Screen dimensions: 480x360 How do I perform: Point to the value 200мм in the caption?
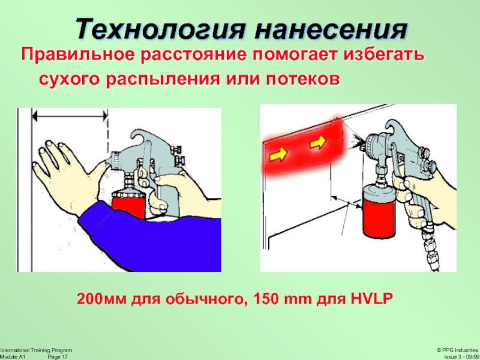coord(101,298)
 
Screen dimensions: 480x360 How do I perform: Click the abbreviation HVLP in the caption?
coord(371,298)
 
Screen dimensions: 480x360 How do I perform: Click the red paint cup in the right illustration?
coord(379,211)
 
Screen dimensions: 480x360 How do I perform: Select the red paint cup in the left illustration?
coord(128,203)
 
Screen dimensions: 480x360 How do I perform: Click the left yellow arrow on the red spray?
coord(278,154)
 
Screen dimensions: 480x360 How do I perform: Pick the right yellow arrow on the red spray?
coord(318,142)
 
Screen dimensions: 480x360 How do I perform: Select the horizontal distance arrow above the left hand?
coord(70,116)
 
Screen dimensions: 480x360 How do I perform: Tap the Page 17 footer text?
coord(58,357)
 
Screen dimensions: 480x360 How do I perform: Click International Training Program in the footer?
coord(36,350)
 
